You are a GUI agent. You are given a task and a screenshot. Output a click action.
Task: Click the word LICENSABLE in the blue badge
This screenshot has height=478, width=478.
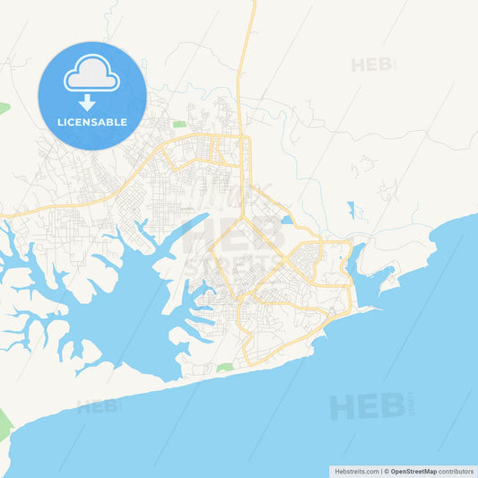click(x=91, y=122)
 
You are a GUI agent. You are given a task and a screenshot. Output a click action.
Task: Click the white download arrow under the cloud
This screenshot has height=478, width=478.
click(x=87, y=102)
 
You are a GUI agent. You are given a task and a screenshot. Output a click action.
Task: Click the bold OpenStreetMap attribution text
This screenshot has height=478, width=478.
click(x=413, y=471)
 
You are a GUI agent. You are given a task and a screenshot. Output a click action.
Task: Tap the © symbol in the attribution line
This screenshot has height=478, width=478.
click(x=387, y=471)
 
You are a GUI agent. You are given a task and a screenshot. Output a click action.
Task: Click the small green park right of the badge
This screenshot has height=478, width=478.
click(x=179, y=125)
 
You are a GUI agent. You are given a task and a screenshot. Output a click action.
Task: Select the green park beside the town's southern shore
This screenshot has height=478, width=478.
click(x=224, y=367)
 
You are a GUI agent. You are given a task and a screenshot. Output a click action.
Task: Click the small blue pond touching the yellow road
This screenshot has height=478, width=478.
click(x=286, y=219)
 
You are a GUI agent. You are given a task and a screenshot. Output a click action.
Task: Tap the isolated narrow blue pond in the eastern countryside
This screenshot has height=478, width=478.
click(x=352, y=210)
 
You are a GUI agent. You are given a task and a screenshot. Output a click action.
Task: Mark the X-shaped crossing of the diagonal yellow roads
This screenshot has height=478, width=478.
click(x=284, y=259)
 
